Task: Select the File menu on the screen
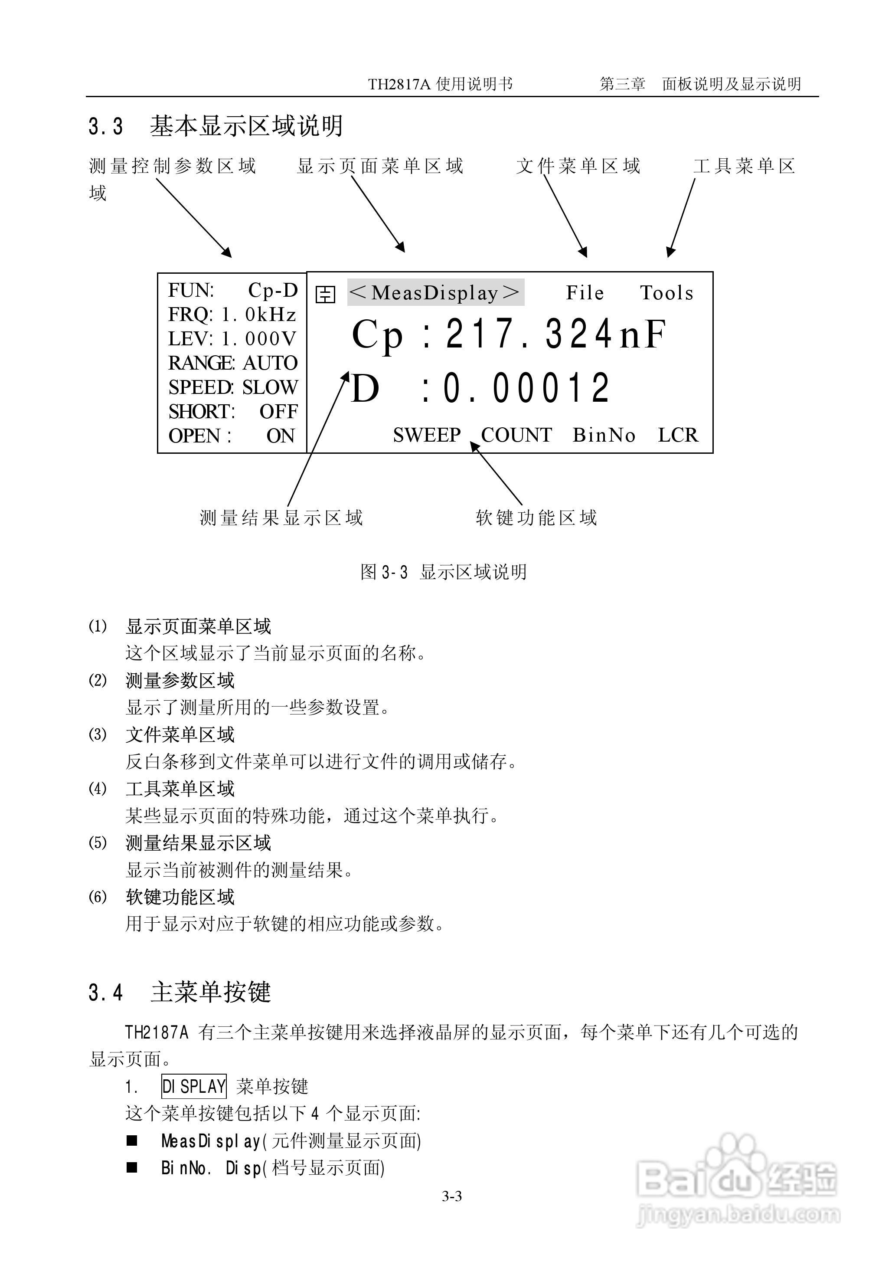click(585, 293)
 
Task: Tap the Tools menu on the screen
click(667, 293)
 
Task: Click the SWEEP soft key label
click(427, 435)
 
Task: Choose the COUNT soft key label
click(516, 435)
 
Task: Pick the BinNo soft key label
click(604, 435)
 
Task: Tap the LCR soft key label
click(678, 435)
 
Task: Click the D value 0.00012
click(526, 387)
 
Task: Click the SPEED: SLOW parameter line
click(232, 387)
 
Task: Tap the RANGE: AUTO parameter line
click(232, 363)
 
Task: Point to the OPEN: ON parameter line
click(232, 436)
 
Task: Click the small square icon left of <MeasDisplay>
click(325, 294)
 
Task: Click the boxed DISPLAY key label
click(194, 1086)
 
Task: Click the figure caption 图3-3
click(384, 572)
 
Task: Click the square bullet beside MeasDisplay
click(132, 1140)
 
